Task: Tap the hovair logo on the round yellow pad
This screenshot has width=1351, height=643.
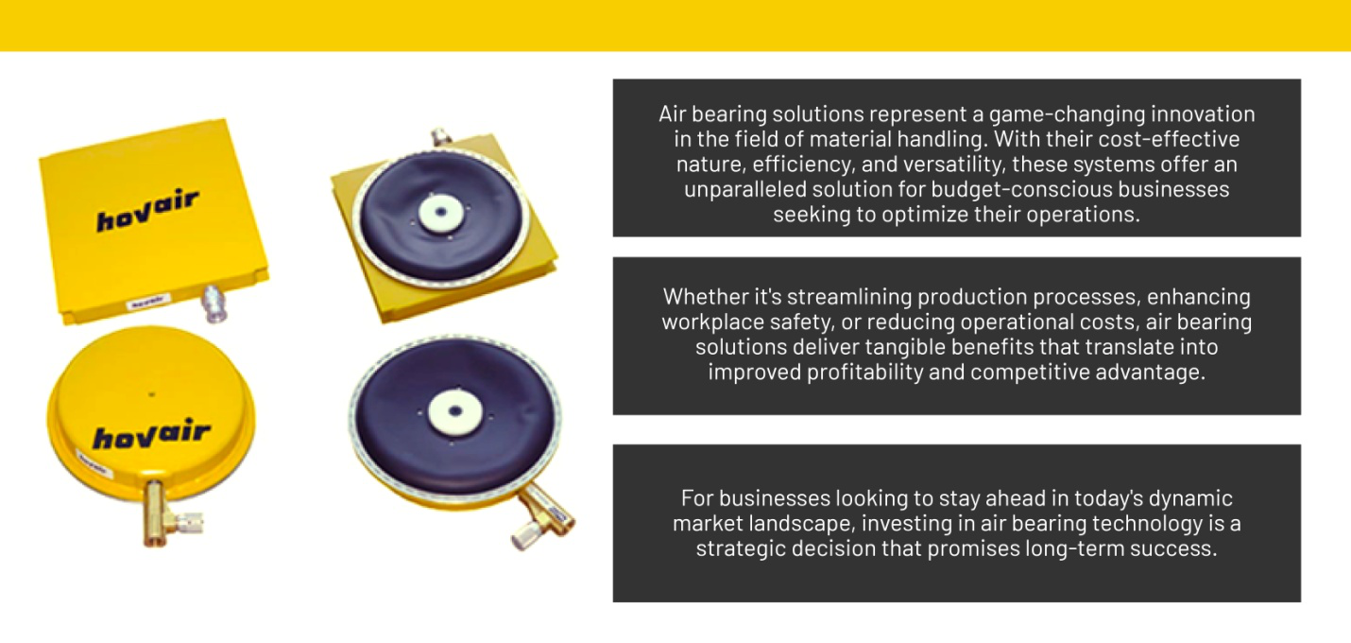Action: [150, 433]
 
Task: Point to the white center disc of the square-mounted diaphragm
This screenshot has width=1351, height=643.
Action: [437, 209]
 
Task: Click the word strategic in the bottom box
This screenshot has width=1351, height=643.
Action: [753, 547]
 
